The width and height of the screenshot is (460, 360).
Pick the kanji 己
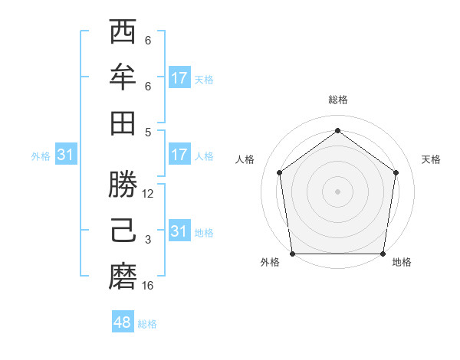[x=123, y=230]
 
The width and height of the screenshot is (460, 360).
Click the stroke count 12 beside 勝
[x=148, y=194]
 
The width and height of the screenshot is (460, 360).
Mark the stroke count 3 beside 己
[x=148, y=240]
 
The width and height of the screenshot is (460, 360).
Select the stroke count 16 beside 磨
[x=148, y=286]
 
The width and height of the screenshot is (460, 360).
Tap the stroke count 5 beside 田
[x=148, y=131]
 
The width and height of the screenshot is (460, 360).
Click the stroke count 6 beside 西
[x=148, y=41]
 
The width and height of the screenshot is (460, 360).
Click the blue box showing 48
[x=123, y=322]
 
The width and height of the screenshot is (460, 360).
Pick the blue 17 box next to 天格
[x=179, y=77]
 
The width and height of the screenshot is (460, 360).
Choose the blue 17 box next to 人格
[x=179, y=155]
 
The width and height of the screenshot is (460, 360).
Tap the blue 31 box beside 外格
[x=65, y=155]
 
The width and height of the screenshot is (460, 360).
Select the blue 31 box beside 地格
[x=179, y=231]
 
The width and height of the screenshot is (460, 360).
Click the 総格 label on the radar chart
[x=337, y=100]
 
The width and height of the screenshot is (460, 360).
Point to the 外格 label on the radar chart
[x=270, y=262]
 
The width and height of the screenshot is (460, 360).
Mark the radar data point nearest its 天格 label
[x=396, y=172]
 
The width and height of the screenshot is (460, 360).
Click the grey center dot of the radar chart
[x=337, y=191]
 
